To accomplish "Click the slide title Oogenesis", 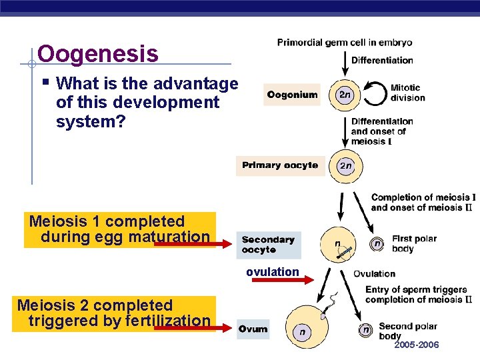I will pos(98,53).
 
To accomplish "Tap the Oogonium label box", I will pos(293,95).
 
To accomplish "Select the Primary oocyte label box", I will pos(280,165).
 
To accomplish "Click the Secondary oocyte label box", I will pos(268,245).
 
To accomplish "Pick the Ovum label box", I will pos(253,329).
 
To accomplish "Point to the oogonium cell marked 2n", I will pos(345,95).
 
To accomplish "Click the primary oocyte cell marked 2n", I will pos(345,166).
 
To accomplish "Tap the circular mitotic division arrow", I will pos(374,94).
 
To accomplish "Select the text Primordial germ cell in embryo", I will pos(345,42).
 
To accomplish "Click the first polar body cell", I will pos(377,244).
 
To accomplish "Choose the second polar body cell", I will pos(365,329).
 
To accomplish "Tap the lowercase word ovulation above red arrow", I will pos(272,272).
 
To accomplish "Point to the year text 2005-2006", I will pos(417,345).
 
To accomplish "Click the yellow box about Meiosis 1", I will pos(120,229).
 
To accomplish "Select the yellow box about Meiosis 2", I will pos(114,313).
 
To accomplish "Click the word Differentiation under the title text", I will pos(382,60).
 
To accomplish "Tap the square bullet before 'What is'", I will pos(45,83).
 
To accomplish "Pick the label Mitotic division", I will pos(407,93).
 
